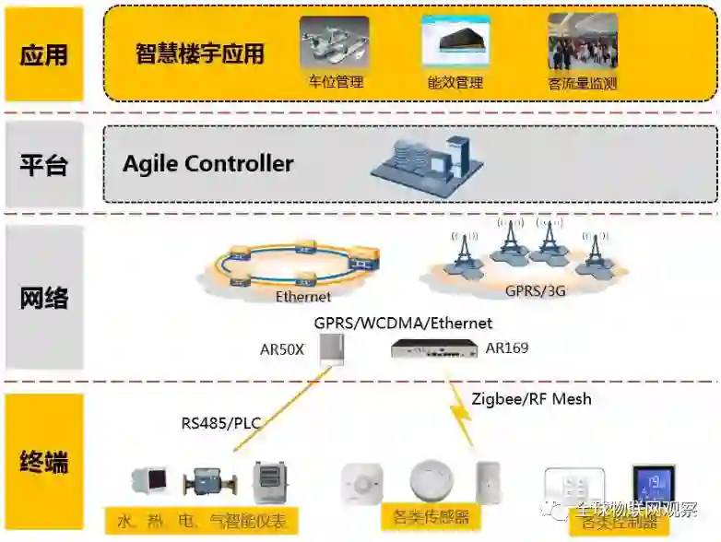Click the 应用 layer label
(44, 53)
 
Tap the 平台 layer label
(44, 165)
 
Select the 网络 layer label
(44, 298)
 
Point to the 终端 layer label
(44, 461)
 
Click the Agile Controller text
(208, 164)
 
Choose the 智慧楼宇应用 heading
(199, 53)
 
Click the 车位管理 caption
(336, 82)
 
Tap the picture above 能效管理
(455, 41)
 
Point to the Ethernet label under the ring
(303, 297)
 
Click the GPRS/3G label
(536, 290)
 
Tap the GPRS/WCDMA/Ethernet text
(403, 324)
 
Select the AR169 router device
(431, 348)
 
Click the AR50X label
(282, 349)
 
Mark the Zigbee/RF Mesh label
(531, 399)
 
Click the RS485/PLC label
(221, 424)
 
